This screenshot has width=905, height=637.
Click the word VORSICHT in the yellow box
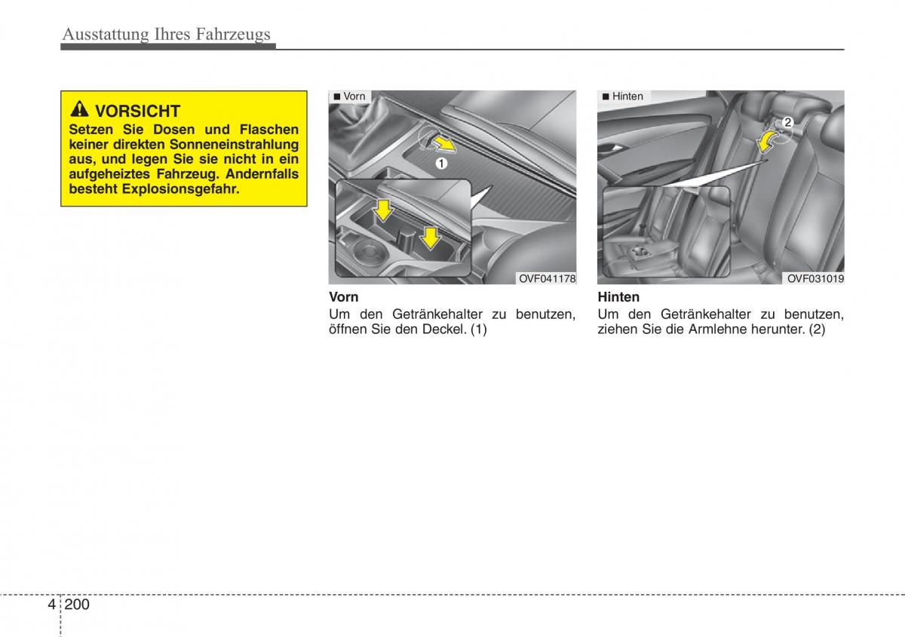[138, 112]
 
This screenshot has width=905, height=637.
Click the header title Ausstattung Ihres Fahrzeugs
[166, 34]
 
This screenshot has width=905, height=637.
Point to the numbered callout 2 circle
[787, 122]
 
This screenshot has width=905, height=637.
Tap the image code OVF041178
[547, 279]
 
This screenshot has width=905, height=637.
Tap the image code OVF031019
[815, 279]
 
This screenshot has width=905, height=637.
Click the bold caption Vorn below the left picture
[344, 297]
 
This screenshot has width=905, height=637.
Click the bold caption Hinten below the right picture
[618, 297]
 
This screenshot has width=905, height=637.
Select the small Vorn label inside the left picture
[354, 96]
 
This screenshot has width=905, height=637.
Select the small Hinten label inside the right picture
[627, 96]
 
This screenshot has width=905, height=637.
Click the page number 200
[77, 605]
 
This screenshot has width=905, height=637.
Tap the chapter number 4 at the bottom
[51, 605]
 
